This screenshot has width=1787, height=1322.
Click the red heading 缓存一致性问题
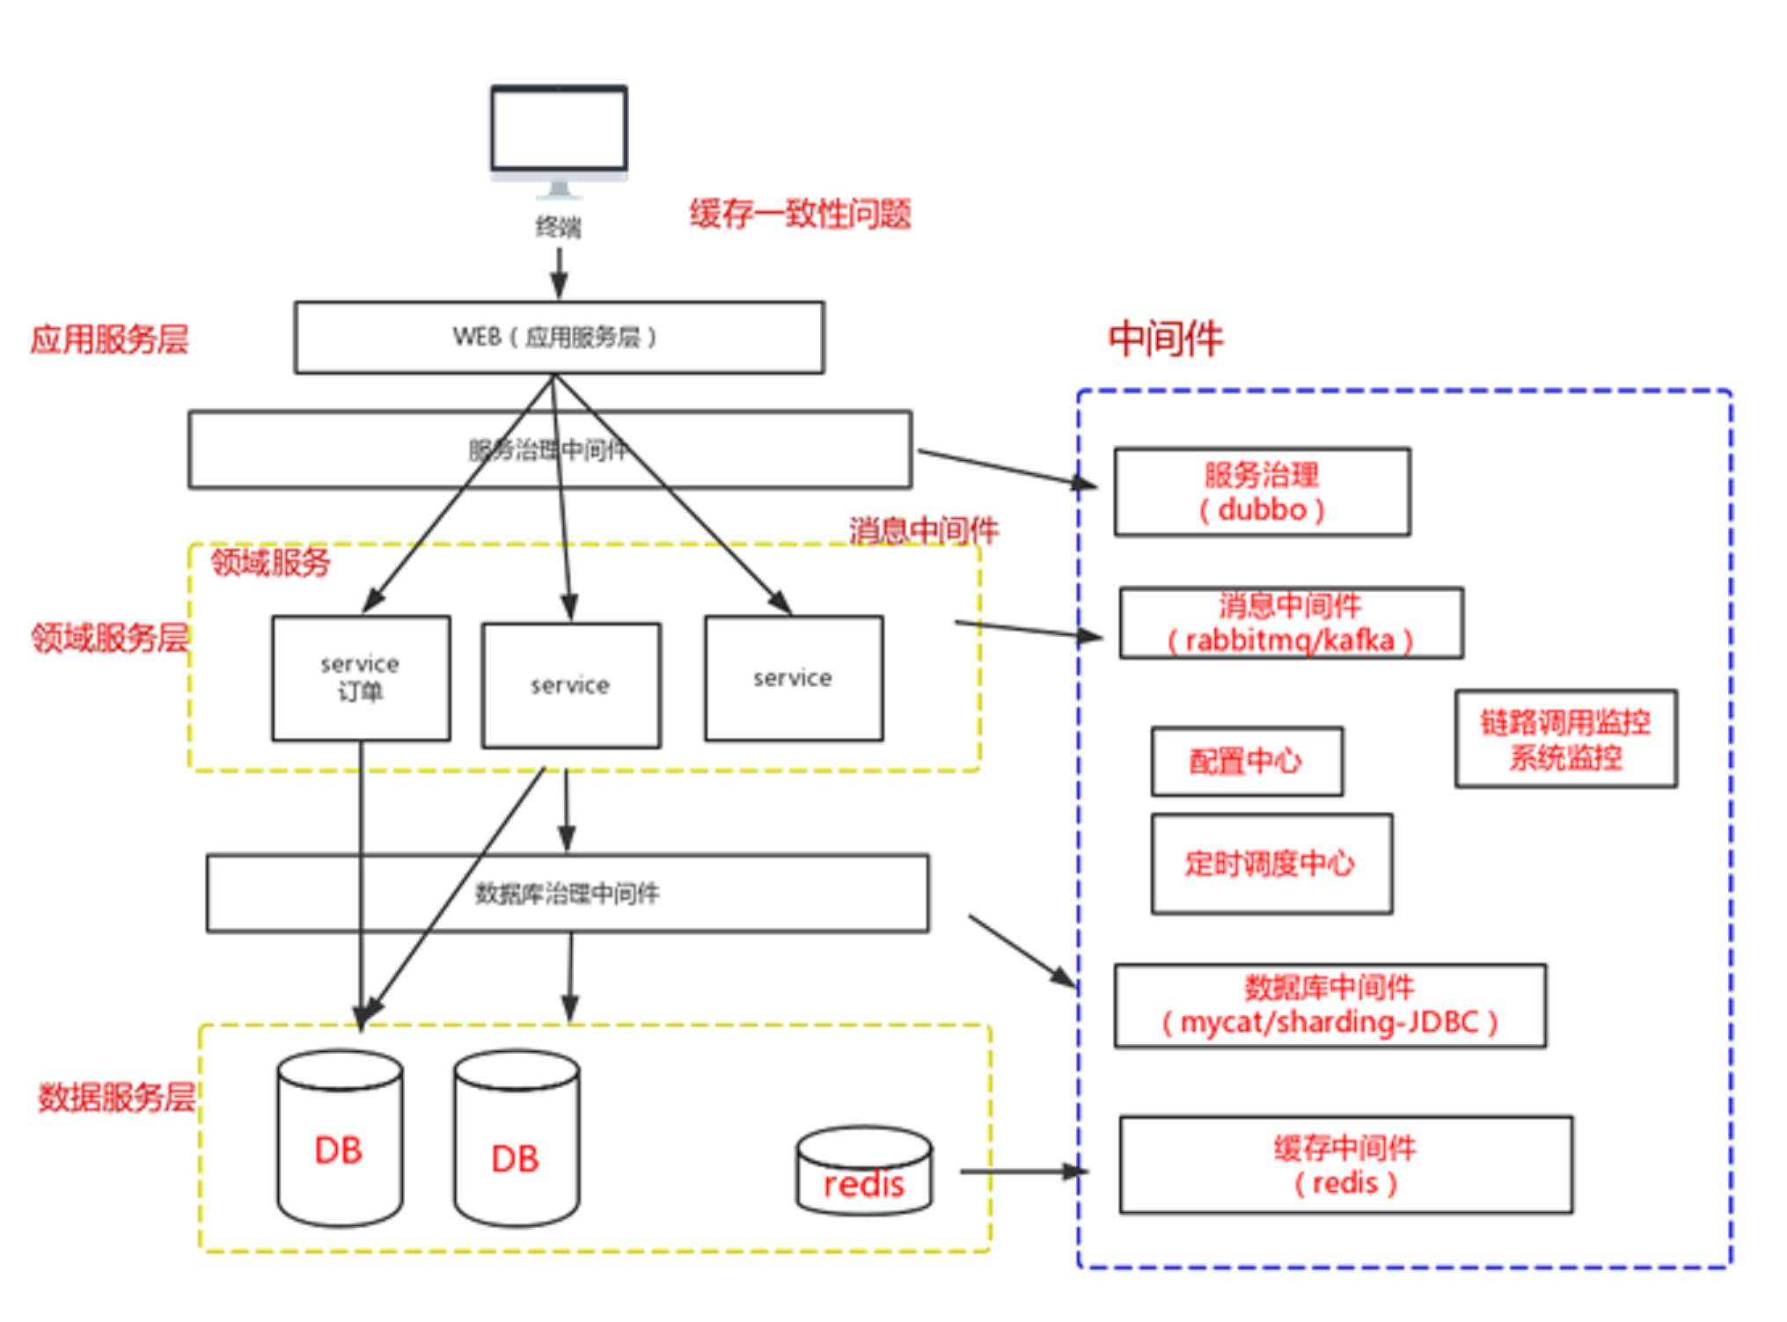799,214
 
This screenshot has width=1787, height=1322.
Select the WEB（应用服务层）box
559,338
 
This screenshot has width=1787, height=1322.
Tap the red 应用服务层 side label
109,340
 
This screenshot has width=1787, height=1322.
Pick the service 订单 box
361,678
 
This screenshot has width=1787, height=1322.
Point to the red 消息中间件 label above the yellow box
923,530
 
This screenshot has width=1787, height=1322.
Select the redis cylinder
864,1172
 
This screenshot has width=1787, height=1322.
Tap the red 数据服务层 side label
116,1098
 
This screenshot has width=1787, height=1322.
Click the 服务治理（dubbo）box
1262,493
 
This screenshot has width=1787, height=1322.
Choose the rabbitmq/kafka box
1291,624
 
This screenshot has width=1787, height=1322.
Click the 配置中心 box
1247,762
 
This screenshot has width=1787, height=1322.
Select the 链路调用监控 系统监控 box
1565,739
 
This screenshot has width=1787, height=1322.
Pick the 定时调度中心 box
1271,864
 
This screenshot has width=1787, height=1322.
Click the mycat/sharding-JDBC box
1329,1005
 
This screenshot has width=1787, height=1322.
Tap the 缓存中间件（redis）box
1345,1165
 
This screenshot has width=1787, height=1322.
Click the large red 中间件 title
1166,339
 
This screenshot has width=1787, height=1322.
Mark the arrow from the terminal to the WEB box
559,273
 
